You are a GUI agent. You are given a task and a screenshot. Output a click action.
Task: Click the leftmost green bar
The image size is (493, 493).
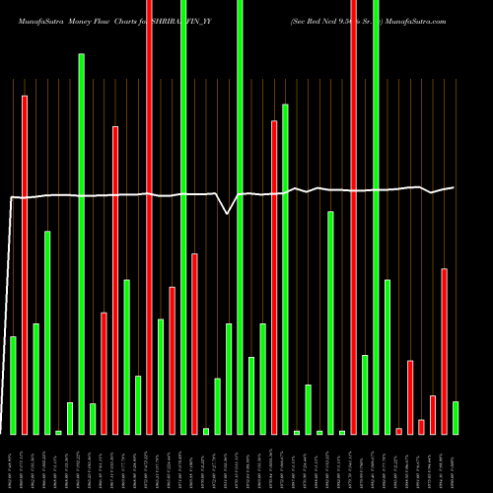[x=13, y=386]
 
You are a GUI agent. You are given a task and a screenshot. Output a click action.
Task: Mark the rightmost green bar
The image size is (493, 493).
[x=456, y=417]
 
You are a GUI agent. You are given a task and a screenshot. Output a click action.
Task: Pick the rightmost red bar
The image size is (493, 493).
[x=444, y=351]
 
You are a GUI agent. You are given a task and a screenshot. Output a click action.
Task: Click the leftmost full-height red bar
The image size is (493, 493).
[x=149, y=217]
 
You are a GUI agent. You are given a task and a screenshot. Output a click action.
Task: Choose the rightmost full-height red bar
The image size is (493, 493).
[x=353, y=217]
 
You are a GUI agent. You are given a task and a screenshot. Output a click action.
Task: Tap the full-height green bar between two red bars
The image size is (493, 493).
[x=183, y=217]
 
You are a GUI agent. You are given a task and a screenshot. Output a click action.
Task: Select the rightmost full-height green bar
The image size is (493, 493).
[x=376, y=217]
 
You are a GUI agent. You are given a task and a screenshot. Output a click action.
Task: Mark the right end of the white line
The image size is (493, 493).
[x=455, y=187]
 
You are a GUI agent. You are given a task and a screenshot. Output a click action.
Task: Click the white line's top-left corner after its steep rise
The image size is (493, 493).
[x=11, y=198]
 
